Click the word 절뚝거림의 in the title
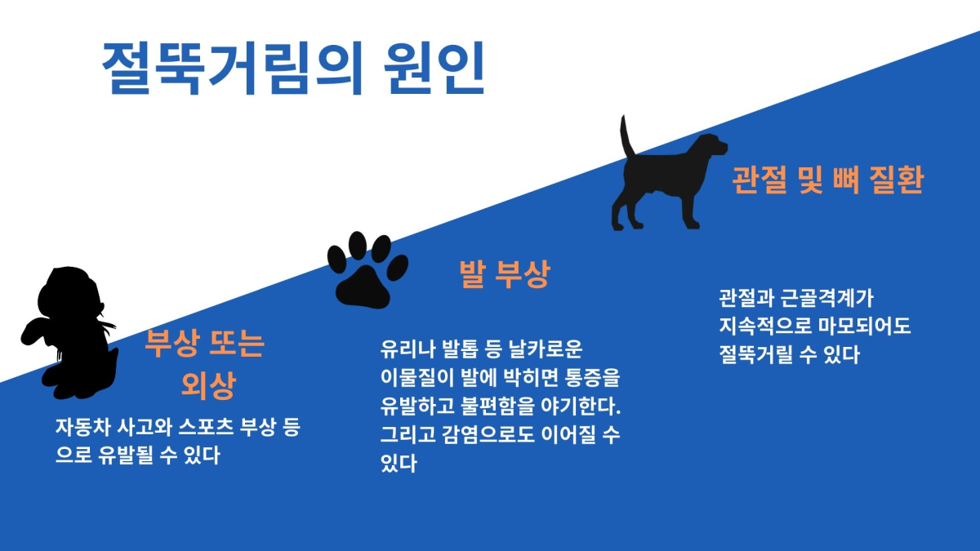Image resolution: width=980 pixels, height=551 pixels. coord(233,69)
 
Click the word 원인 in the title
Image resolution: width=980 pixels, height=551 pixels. coord(434,69)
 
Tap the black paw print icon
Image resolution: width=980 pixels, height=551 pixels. coord(367,270)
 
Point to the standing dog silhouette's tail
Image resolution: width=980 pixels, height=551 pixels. coord(627,136)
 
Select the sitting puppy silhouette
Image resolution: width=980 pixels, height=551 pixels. coord(70,332)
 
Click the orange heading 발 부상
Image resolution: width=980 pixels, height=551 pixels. coord(505,274)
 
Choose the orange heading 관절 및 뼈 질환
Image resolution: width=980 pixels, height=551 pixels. coord(828,180)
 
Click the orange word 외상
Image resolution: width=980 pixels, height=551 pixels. coord(209,385)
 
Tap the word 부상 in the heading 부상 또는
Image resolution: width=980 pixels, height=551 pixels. coord(172,344)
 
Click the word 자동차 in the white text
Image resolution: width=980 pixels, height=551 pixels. coord(82,427)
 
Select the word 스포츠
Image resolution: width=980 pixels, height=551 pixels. coord(206,427)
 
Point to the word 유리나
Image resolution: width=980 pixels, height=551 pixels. coord(408,349)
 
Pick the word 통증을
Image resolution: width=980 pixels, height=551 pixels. coord(593,377)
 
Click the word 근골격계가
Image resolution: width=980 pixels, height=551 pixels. coord(827,298)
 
